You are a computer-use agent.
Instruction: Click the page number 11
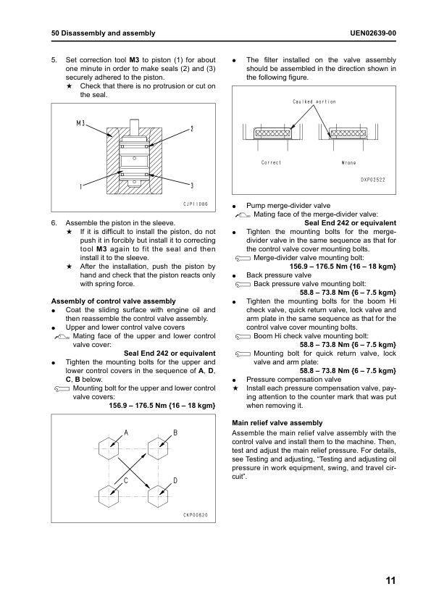(390, 580)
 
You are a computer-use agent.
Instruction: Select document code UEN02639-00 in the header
(373, 33)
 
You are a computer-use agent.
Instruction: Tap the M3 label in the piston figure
(80, 123)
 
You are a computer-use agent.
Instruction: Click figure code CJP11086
(196, 204)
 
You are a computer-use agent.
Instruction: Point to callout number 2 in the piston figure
(192, 129)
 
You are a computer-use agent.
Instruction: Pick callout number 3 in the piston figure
(192, 185)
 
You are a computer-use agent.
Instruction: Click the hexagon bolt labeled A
(109, 448)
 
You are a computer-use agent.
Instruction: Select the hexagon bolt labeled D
(159, 497)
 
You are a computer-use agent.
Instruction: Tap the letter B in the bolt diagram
(175, 433)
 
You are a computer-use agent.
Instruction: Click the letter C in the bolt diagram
(126, 481)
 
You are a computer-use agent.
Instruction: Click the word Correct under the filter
(271, 162)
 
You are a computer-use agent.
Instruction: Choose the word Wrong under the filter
(348, 162)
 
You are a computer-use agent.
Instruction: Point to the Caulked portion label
(314, 101)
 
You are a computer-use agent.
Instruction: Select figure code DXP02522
(372, 180)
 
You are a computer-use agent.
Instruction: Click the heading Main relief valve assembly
(277, 423)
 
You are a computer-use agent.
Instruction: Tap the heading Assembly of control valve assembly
(114, 301)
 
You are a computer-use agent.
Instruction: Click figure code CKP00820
(196, 515)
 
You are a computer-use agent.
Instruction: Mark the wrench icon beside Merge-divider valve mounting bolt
(243, 259)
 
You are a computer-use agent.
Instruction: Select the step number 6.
(54, 223)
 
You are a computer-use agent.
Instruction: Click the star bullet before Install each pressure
(235, 388)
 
